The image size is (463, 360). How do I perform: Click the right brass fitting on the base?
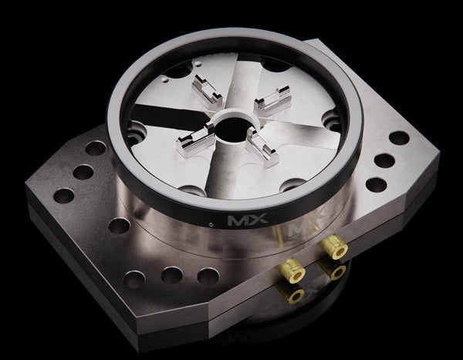[x=333, y=247]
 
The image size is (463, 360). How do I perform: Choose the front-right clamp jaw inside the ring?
[x=262, y=146]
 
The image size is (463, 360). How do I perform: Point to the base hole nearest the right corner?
[x=399, y=138]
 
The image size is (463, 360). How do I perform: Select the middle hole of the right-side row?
[x=384, y=161]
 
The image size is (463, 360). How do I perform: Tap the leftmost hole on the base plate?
[x=63, y=195]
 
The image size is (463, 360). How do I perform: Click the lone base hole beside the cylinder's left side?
[x=119, y=226]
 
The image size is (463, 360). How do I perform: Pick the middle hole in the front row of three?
[x=171, y=275]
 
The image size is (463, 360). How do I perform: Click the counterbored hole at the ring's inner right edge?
[x=332, y=121]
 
